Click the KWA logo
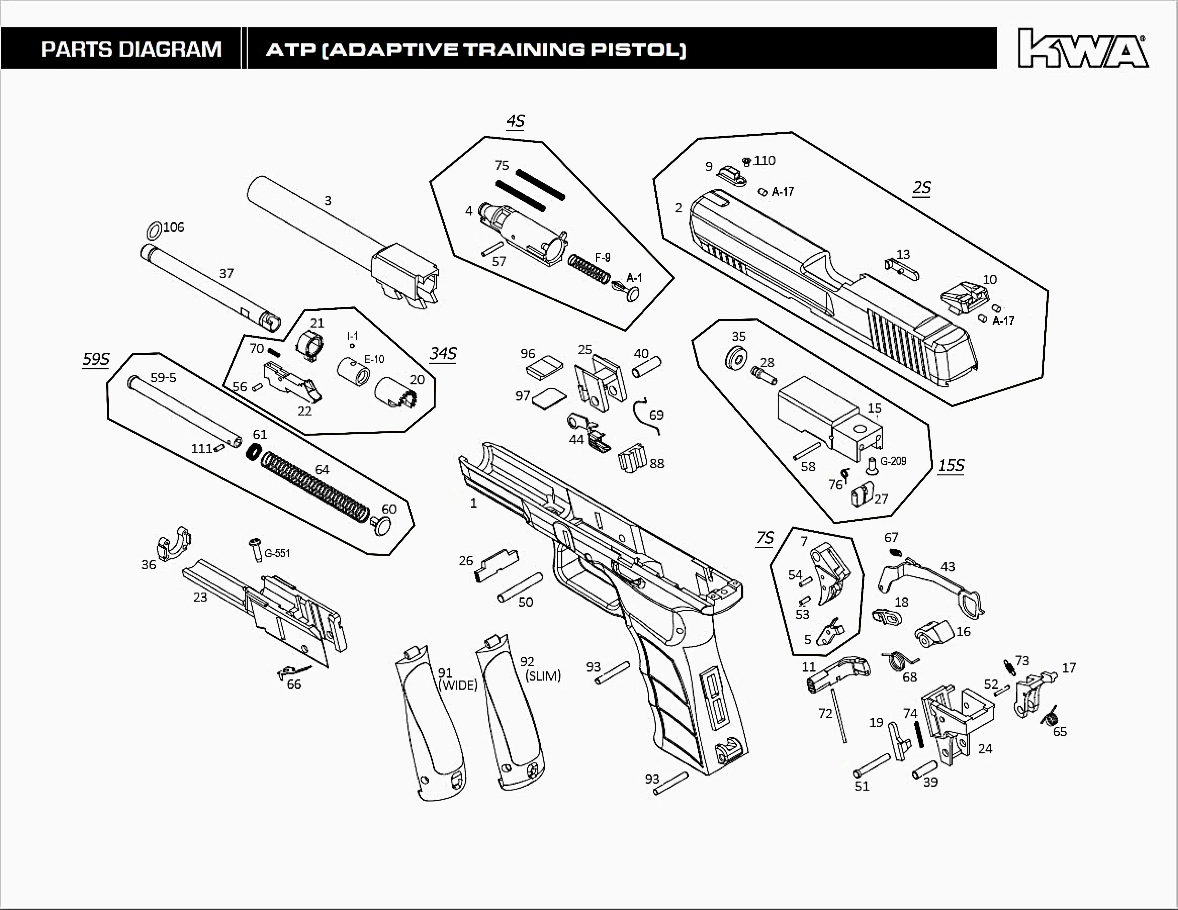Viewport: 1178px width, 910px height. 1083,49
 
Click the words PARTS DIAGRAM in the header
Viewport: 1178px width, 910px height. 132,50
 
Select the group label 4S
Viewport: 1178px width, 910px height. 516,121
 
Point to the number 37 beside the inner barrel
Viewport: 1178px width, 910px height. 227,273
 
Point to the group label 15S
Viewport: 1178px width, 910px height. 951,465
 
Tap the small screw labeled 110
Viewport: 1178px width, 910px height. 747,161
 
